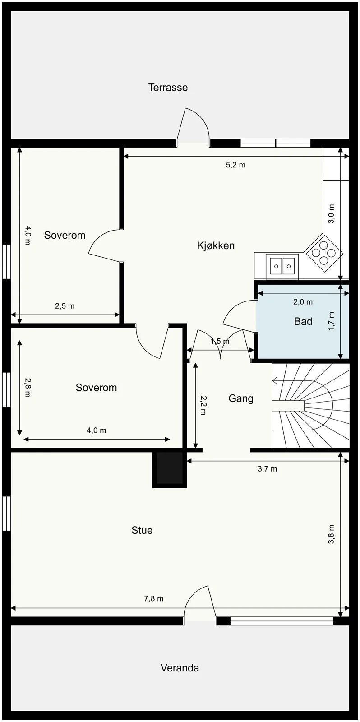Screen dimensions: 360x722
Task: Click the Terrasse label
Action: (x=168, y=88)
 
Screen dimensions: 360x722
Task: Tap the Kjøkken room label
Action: (x=216, y=245)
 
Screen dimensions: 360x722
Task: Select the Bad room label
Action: (x=303, y=321)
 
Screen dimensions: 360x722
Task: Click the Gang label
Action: (x=241, y=398)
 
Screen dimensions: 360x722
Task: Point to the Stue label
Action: (x=142, y=530)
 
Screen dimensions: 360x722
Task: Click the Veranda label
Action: (x=180, y=668)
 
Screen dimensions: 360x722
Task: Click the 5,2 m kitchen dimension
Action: (x=235, y=165)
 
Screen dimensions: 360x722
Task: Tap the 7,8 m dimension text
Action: (x=154, y=598)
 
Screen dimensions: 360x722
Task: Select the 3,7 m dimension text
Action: (x=267, y=469)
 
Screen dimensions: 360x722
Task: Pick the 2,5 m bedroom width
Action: (x=65, y=306)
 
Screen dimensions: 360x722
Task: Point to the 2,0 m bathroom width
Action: (x=303, y=302)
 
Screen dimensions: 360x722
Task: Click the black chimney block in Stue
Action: (x=170, y=469)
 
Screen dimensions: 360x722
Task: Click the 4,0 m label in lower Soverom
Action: (x=97, y=430)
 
